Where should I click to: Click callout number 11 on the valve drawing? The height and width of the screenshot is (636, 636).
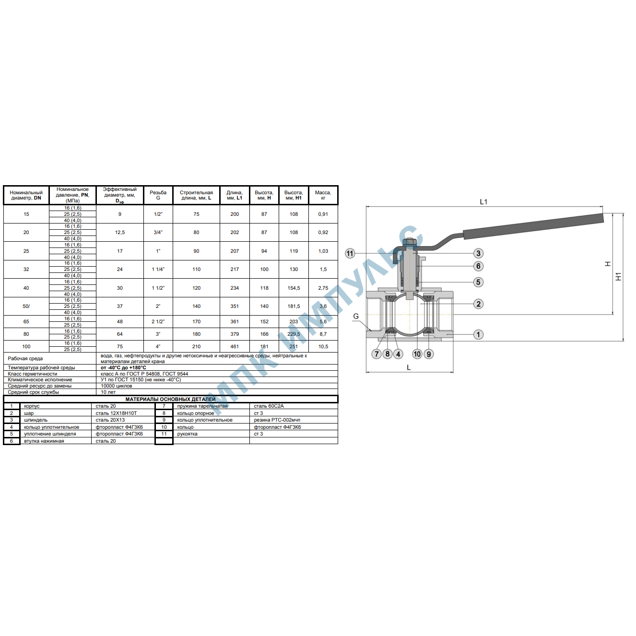click(350, 253)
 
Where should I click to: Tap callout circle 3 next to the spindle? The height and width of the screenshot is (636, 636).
click(478, 253)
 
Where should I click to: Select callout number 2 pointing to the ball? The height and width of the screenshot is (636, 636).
click(478, 304)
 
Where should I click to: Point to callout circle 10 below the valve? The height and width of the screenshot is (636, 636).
click(417, 354)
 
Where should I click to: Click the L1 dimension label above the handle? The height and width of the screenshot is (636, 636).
click(483, 201)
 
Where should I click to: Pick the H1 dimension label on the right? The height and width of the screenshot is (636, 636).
click(618, 277)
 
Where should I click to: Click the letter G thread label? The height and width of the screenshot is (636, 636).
click(356, 316)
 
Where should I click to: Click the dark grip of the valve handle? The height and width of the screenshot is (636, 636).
click(533, 226)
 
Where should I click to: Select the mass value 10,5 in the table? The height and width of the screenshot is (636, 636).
click(323, 346)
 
